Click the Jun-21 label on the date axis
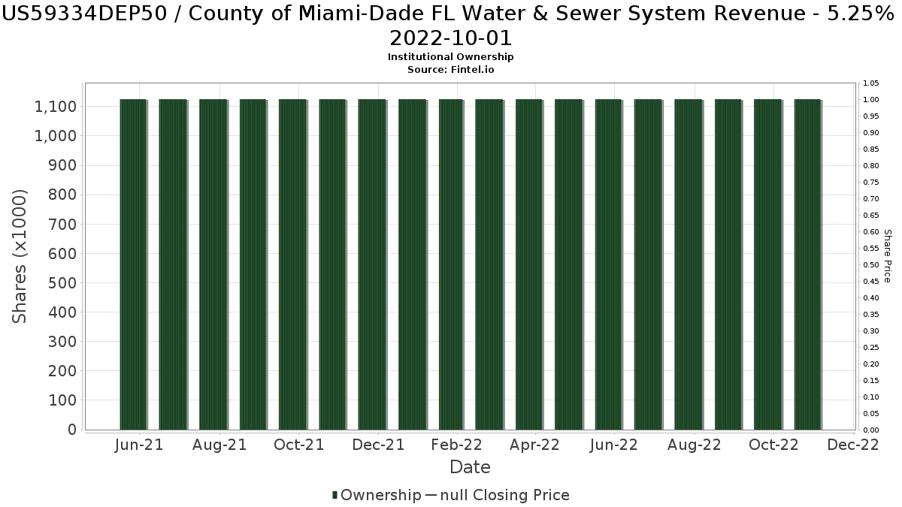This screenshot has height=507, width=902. click(139, 445)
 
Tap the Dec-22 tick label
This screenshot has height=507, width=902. click(852, 445)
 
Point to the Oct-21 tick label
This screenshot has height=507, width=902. click(298, 445)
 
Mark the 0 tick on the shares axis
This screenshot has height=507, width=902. click(72, 430)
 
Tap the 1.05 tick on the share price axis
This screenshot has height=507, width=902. click(870, 83)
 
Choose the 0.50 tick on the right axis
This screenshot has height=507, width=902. click(870, 264)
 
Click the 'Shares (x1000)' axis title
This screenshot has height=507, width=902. click(20, 256)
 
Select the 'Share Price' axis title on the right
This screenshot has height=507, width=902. click(888, 256)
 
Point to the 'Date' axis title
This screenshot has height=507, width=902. click(470, 467)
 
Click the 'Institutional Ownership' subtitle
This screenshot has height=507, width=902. click(451, 57)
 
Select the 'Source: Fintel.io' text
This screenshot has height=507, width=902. click(451, 69)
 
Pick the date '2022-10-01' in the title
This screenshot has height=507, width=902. click(451, 38)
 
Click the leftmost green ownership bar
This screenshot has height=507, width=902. click(133, 264)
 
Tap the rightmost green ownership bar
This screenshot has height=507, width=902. click(807, 264)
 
